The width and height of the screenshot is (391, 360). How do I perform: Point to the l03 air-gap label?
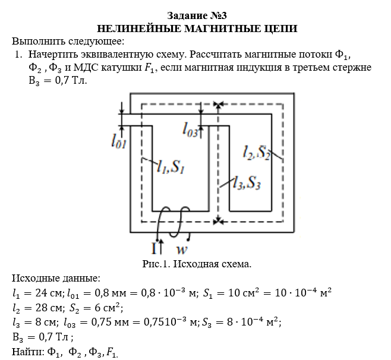[191, 129]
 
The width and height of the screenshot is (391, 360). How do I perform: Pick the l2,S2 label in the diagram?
[257, 153]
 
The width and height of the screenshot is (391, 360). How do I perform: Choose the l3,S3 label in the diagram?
[247, 183]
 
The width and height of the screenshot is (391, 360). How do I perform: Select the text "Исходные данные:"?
[56, 278]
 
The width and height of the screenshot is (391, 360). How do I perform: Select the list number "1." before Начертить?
[18, 55]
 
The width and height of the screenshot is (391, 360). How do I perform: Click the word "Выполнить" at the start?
[37, 42]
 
